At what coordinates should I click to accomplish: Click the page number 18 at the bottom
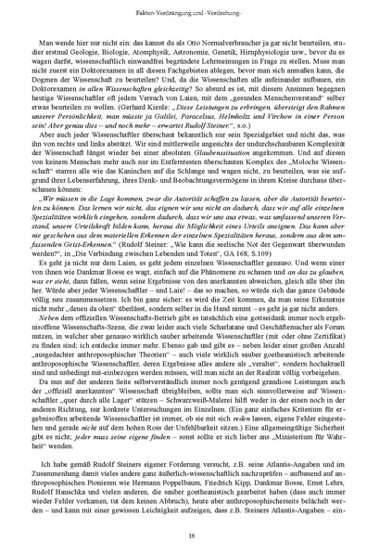[x=196, y=536]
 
